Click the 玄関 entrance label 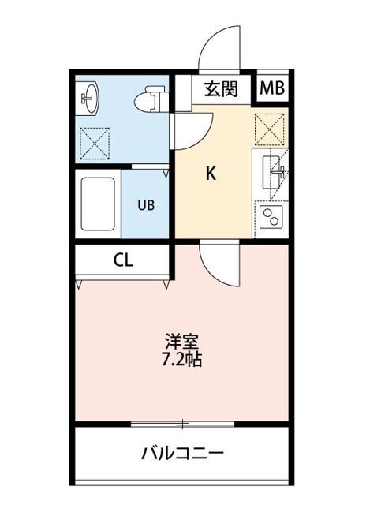pos(221,89)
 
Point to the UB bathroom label pos(147,204)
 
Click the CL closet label pos(121,261)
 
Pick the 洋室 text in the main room pos(181,342)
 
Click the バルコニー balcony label pos(183,454)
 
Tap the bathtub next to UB pos(99,204)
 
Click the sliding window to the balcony pos(182,425)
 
